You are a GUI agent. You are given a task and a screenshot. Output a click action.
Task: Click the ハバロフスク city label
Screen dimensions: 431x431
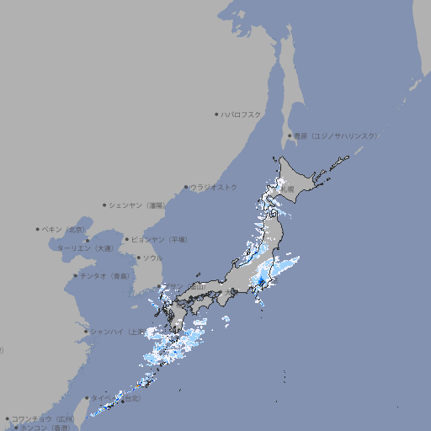(241, 114)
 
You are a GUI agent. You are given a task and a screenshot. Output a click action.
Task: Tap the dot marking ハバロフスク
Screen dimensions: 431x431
(216, 114)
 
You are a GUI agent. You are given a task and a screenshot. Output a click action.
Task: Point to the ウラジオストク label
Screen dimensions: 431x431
(214, 187)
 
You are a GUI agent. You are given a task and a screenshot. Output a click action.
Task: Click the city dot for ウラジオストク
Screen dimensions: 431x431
(186, 188)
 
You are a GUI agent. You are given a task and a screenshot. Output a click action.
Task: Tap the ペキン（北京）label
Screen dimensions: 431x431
(64, 229)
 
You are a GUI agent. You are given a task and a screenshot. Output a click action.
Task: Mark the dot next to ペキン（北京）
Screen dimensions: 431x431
(38, 229)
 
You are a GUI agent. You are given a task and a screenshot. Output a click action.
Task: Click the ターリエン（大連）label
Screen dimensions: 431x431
(84, 248)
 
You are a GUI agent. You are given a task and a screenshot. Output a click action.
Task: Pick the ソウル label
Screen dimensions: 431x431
(152, 258)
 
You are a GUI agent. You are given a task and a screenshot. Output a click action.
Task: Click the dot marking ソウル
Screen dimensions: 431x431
(138, 258)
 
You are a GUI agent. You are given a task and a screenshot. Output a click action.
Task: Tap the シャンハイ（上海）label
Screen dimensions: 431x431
(115, 331)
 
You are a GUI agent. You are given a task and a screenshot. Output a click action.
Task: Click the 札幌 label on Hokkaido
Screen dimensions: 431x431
(288, 189)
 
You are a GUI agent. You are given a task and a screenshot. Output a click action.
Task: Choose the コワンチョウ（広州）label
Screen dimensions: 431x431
(42, 418)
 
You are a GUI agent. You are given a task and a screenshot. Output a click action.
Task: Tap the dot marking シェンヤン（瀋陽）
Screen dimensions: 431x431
(104, 205)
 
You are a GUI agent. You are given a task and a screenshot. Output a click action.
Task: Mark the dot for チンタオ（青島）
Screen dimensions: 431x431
(76, 275)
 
